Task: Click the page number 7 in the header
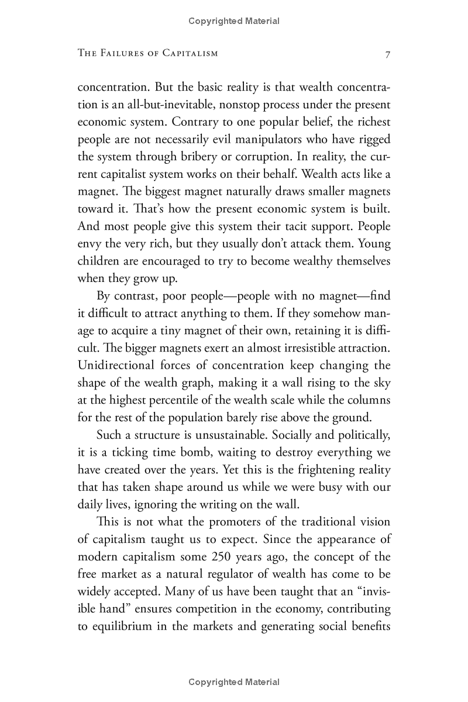click(387, 54)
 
